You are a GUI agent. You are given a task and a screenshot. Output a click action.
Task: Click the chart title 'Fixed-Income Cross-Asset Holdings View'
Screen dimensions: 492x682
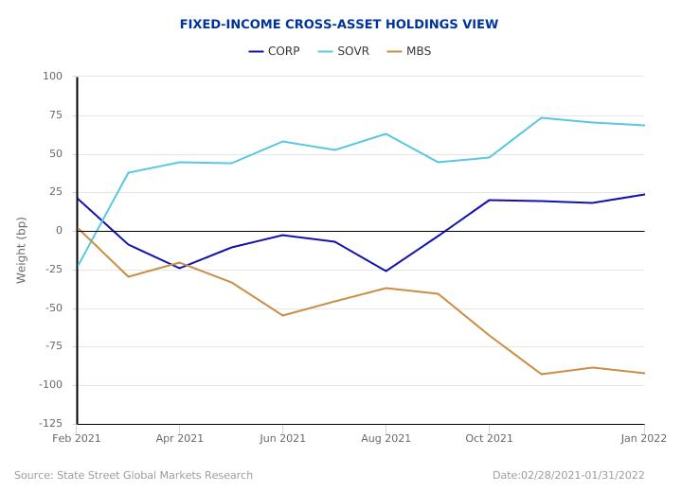(339, 25)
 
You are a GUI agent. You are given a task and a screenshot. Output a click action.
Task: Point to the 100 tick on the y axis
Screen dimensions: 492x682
(52, 77)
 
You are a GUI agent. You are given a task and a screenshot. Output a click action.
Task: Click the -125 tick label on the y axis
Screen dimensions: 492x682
(49, 423)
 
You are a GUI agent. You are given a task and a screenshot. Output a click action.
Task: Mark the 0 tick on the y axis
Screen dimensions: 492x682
(59, 231)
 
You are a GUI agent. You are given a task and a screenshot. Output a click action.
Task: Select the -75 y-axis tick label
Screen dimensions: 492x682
(52, 346)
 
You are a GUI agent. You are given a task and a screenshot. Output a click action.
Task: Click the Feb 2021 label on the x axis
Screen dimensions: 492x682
(77, 438)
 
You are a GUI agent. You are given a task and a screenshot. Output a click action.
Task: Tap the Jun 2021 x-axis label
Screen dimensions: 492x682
(282, 438)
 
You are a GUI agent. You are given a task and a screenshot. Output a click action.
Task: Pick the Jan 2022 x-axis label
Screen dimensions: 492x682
(644, 438)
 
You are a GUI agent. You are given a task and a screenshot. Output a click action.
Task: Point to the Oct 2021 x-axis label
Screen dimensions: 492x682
(489, 438)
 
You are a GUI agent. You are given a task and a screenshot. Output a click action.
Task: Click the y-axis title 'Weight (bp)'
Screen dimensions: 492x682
(22, 250)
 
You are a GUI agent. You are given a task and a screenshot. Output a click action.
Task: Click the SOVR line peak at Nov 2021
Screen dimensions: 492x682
(541, 118)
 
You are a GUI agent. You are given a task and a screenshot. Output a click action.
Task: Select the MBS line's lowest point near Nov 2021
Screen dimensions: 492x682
(541, 374)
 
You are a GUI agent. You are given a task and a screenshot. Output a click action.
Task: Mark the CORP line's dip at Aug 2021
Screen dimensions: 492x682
(386, 272)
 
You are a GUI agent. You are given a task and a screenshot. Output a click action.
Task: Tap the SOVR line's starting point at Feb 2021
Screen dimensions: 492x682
(78, 266)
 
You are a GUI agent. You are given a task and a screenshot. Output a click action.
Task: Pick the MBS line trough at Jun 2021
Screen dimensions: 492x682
(282, 315)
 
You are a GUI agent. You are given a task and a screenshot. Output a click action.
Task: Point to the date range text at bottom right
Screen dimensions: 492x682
(568, 475)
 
